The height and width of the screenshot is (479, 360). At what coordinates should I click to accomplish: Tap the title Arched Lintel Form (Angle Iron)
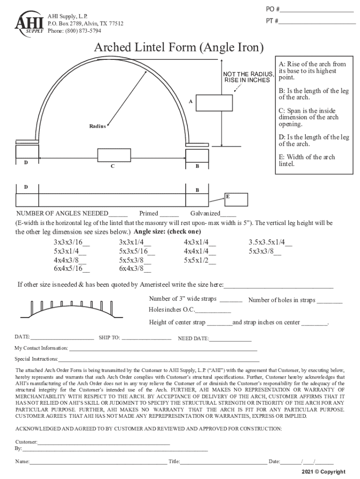click(179, 48)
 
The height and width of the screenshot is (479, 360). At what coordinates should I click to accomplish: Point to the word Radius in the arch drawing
click(98, 127)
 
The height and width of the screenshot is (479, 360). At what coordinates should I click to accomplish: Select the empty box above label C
click(114, 155)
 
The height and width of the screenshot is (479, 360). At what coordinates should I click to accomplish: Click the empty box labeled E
click(236, 199)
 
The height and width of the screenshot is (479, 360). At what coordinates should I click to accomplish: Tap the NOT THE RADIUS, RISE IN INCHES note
click(248, 77)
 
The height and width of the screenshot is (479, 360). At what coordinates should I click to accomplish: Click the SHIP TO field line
click(146, 338)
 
